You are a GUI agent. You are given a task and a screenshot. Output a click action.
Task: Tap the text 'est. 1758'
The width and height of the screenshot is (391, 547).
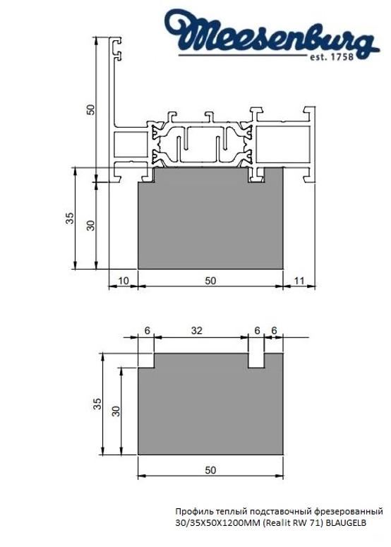click(x=344, y=57)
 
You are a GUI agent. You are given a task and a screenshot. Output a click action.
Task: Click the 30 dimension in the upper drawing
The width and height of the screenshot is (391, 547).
click(x=90, y=226)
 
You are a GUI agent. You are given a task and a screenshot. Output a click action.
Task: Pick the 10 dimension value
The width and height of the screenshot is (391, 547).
click(x=123, y=280)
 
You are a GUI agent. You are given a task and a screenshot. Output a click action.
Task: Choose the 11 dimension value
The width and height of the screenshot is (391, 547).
click(x=299, y=280)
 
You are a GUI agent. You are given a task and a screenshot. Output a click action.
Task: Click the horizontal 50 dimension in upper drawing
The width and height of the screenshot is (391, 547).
click(x=210, y=280)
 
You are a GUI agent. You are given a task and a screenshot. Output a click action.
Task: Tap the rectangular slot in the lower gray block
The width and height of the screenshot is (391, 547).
click(x=256, y=360)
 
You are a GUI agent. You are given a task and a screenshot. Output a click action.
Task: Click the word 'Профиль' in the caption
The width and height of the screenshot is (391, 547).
click(x=191, y=510)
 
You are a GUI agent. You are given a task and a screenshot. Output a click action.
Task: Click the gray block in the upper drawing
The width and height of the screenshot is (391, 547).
click(x=210, y=226)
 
